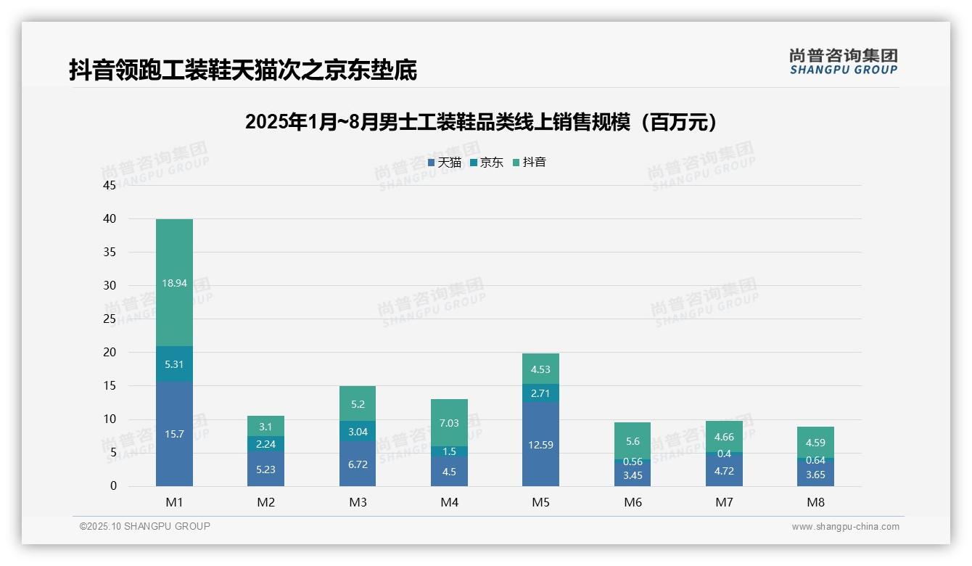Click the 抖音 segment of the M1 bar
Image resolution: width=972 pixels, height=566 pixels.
click(174, 283)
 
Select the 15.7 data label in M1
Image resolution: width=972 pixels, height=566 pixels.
click(174, 434)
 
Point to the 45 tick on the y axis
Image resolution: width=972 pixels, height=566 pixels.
click(110, 186)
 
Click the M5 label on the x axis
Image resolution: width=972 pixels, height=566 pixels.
click(540, 502)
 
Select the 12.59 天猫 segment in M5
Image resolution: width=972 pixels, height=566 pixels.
click(540, 445)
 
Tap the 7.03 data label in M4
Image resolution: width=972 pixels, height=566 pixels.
click(449, 422)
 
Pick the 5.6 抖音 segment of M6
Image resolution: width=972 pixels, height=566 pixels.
click(632, 441)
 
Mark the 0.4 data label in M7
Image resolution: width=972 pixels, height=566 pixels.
click(723, 454)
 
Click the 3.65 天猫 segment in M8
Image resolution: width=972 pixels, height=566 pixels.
click(815, 474)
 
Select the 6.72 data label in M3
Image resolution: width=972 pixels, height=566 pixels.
click(358, 464)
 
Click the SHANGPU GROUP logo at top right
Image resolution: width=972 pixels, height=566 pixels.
click(843, 62)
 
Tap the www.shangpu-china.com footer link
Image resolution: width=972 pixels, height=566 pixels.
click(845, 527)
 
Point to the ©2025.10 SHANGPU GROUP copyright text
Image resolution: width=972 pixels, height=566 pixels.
click(145, 527)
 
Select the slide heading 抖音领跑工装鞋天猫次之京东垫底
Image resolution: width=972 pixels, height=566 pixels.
click(243, 70)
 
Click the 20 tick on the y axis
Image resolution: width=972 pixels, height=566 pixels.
click(110, 353)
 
